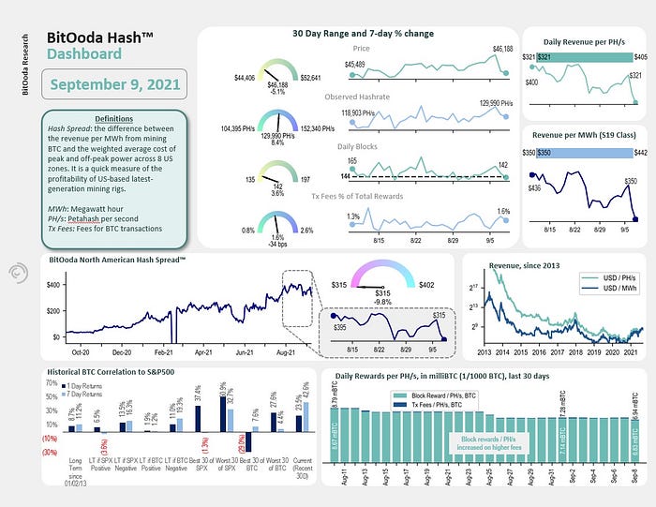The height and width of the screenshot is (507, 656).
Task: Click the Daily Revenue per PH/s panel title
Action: click(583, 44)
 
